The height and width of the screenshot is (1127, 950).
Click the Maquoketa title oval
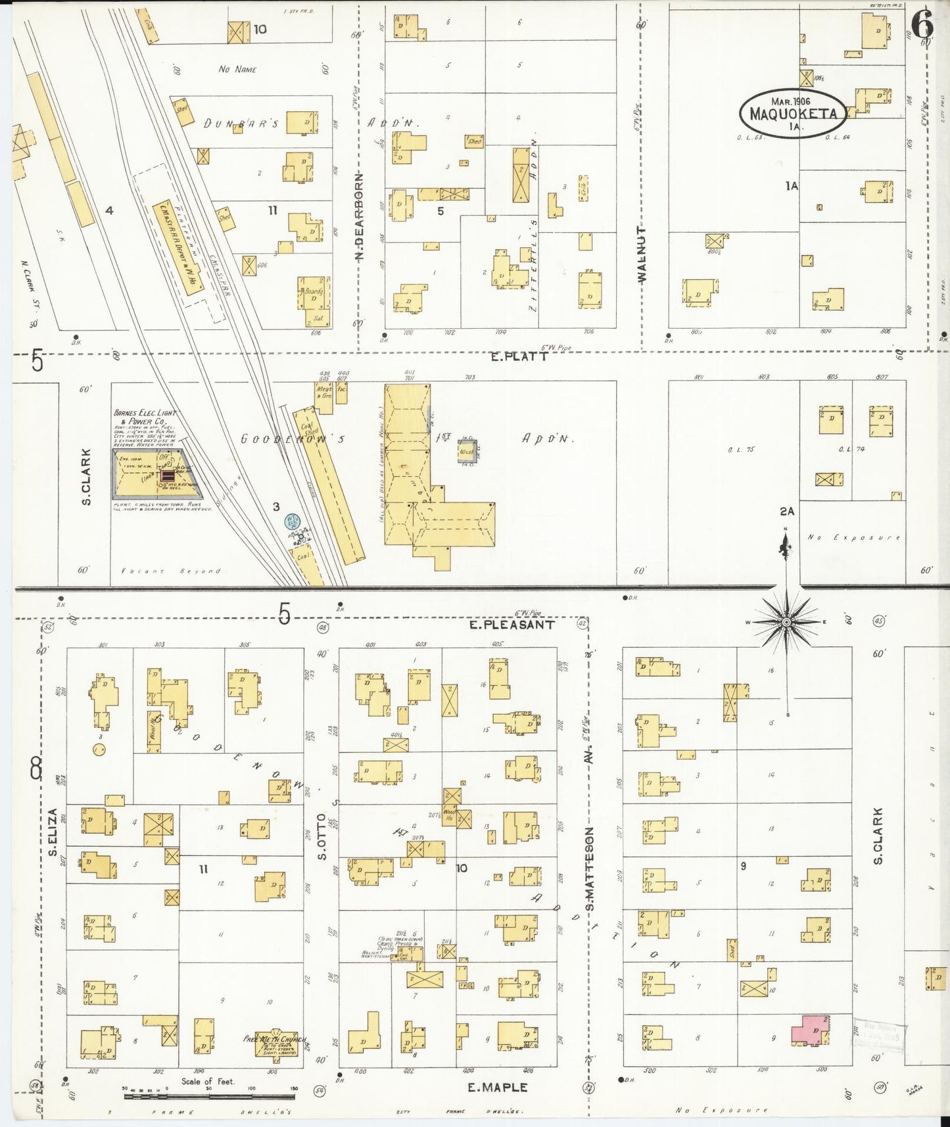point(792,113)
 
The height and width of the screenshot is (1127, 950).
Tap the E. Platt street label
point(519,356)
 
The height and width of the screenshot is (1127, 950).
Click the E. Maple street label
point(497,1087)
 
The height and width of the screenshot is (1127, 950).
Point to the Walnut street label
point(642,254)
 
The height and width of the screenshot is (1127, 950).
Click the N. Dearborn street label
point(360,217)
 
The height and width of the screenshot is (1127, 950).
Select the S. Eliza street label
point(52,832)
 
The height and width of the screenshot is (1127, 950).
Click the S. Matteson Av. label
point(590,855)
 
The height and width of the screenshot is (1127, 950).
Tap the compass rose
point(786,621)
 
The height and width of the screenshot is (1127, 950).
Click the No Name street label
point(237,69)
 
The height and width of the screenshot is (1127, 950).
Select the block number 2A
point(787,511)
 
